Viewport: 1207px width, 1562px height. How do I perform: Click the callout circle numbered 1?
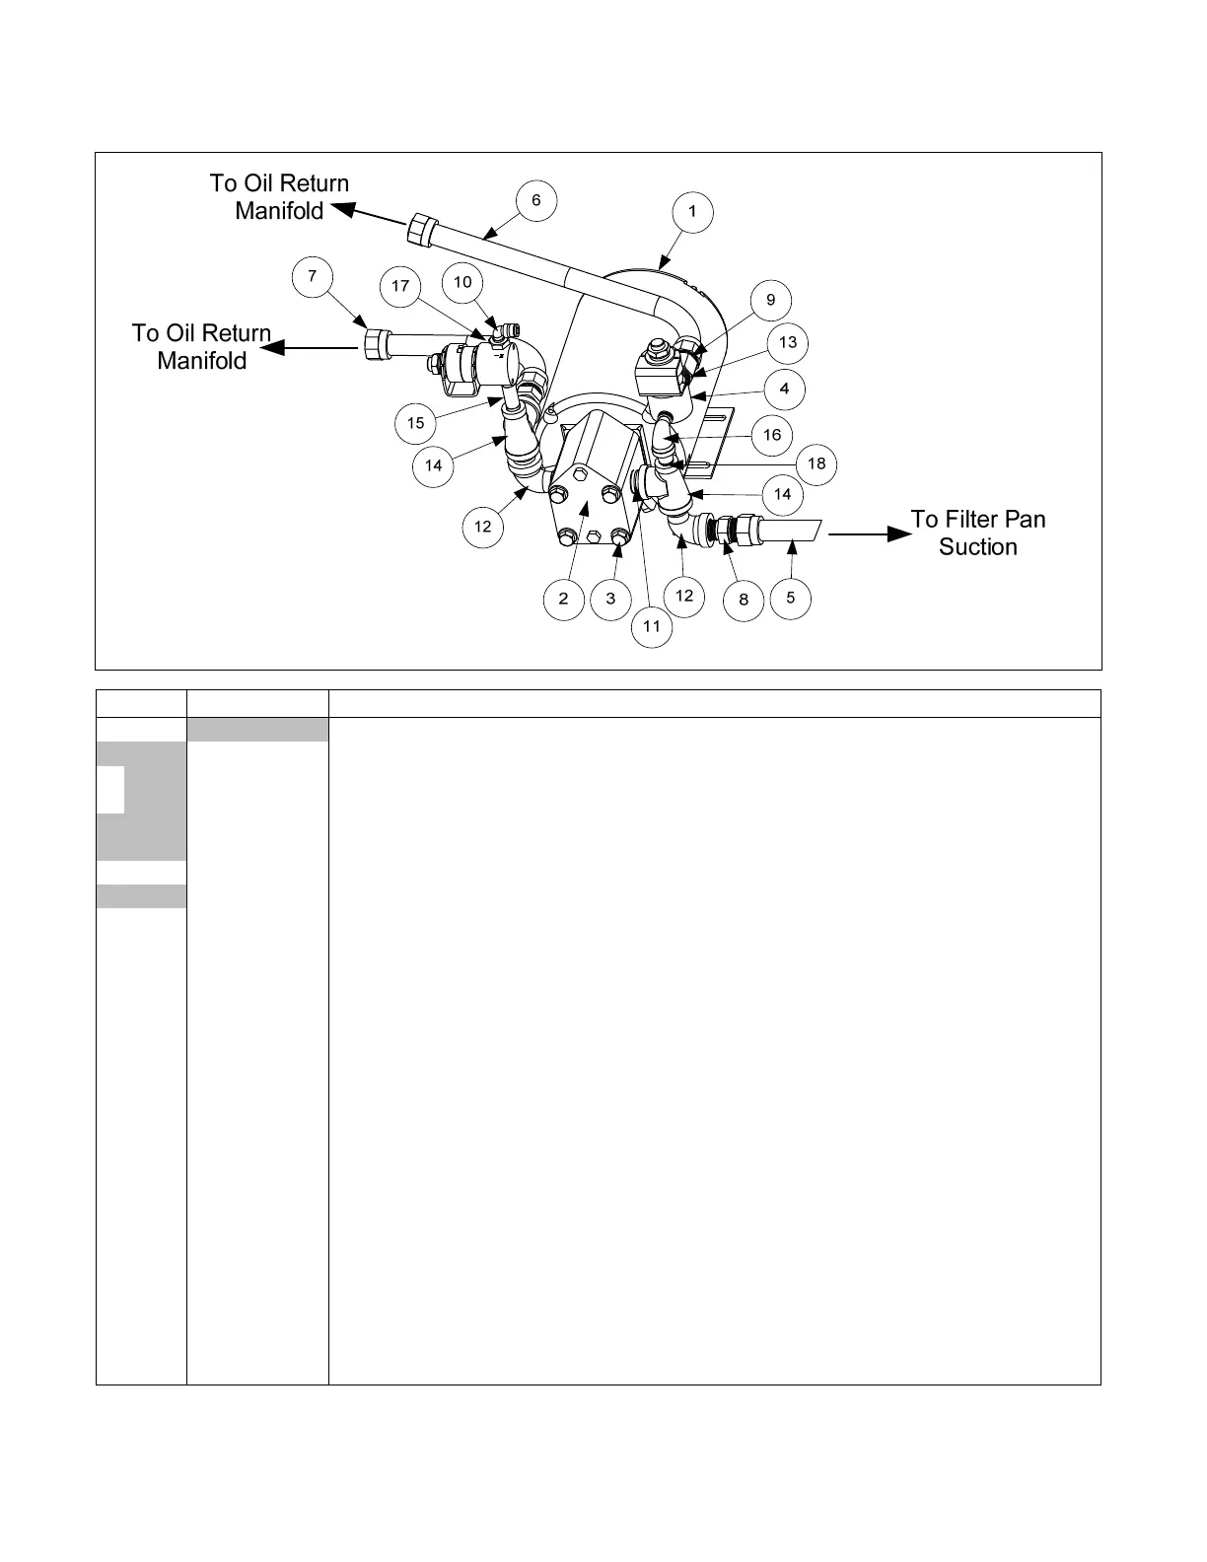692,211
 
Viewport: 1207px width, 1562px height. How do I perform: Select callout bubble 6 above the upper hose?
536,200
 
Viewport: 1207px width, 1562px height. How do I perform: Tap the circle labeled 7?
313,276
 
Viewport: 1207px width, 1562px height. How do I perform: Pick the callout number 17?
399,286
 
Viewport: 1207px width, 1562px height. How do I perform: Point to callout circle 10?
462,282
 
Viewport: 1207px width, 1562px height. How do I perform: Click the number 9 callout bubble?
771,300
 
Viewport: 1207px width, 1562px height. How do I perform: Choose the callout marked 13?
788,342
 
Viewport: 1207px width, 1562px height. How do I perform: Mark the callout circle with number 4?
784,389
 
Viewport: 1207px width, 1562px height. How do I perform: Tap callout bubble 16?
772,434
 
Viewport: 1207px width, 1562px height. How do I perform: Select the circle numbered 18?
816,463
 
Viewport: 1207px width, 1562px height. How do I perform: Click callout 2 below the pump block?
564,598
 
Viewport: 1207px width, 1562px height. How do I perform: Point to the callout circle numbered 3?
610,598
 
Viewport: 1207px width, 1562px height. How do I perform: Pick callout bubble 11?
652,626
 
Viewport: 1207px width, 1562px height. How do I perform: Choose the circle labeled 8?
744,599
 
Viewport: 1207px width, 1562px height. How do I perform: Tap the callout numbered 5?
790,598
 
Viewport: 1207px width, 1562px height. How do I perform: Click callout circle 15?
416,423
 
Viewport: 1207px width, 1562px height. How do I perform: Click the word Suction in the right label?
977,547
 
